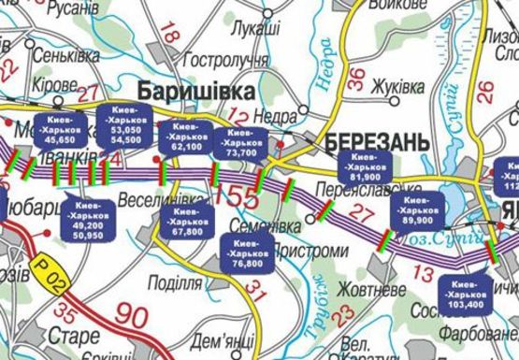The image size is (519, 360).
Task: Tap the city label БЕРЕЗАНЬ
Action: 378,141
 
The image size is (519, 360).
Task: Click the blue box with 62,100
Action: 187,136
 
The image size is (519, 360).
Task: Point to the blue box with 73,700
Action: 240,142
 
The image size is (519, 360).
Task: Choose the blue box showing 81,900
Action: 365,166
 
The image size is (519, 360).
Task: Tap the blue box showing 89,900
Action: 417,210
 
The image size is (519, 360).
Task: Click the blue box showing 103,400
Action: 465,293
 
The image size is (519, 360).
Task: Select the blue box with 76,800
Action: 246,252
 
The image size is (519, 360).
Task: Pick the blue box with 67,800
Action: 187,221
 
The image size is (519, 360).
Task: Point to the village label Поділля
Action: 176,283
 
